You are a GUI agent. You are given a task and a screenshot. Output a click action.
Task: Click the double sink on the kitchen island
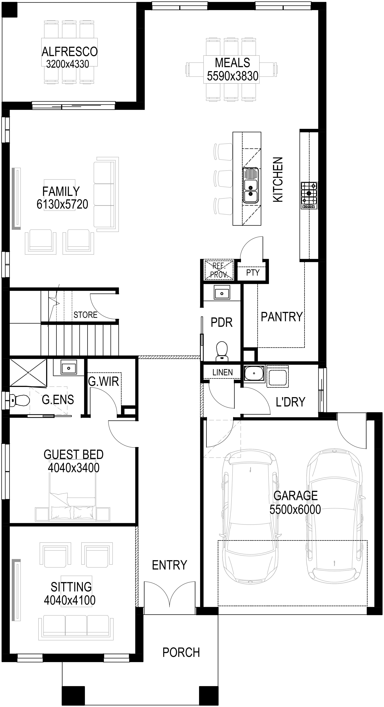tap(251, 186)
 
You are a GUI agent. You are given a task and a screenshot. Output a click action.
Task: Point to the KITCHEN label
tap(278, 180)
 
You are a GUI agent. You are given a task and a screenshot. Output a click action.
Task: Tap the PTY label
tap(253, 273)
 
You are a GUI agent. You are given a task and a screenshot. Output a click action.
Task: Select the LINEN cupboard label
tap(222, 372)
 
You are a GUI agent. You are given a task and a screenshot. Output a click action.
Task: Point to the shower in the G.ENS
tap(28, 372)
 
